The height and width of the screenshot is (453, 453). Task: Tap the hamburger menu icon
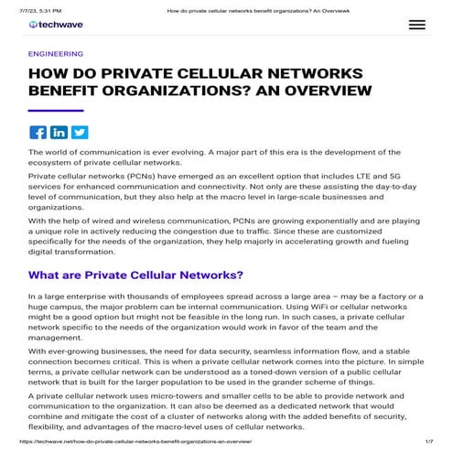[417, 25]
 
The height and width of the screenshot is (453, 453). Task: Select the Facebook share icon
[38, 132]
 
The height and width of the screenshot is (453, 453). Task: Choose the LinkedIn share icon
[59, 132]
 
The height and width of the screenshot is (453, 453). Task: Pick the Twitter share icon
[79, 132]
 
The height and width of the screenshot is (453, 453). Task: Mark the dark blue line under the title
[57, 110]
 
